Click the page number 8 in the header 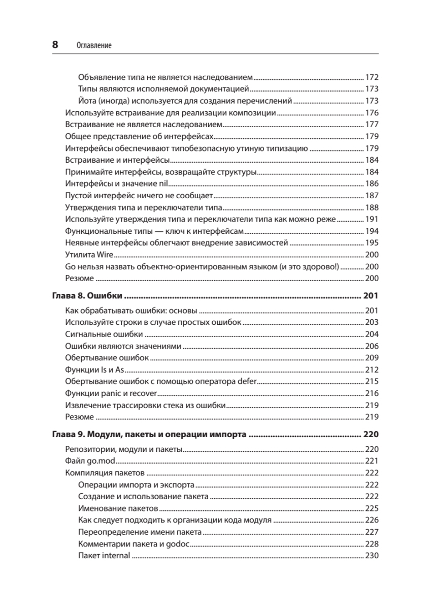(x=55, y=45)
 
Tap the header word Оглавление (x=94, y=45)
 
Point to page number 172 (x=372, y=78)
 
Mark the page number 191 (x=372, y=219)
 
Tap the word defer (x=246, y=381)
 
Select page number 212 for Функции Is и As (x=372, y=370)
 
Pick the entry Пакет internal (x=105, y=556)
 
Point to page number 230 (x=372, y=556)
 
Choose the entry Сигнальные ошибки (x=104, y=334)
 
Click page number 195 (x=372, y=243)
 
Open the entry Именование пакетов (x=119, y=508)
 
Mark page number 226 (x=372, y=520)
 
